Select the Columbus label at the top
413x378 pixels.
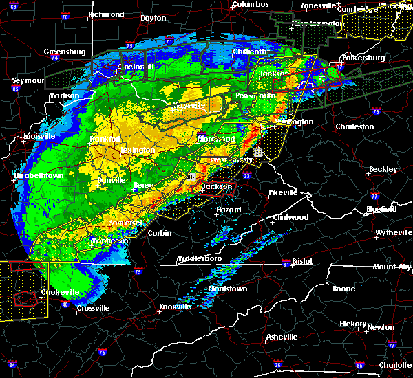248,4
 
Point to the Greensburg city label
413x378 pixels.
64,52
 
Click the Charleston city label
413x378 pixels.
354,126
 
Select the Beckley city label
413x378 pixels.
383,169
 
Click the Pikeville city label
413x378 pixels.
282,192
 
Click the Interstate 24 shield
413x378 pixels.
12,364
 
